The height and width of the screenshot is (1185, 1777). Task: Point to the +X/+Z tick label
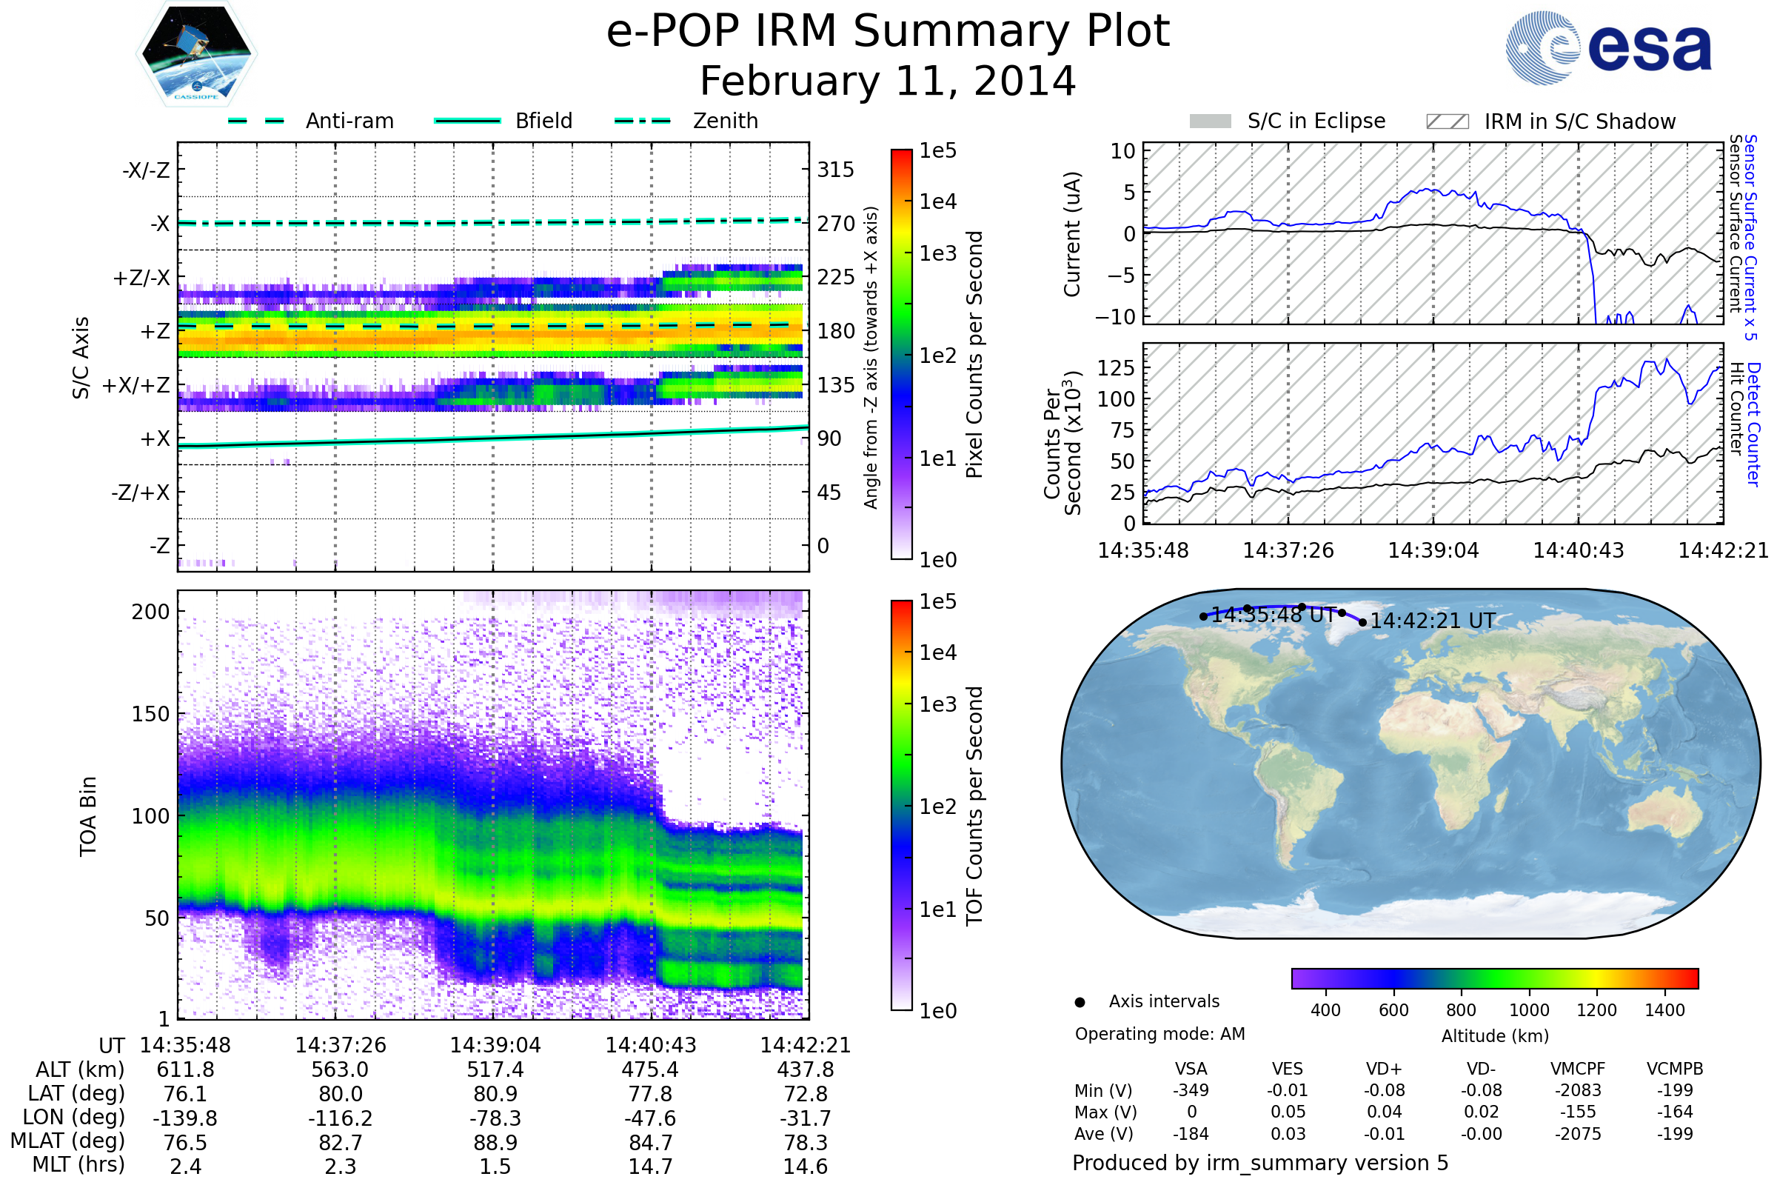click(136, 385)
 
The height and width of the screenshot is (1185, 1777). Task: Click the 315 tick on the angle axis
click(835, 170)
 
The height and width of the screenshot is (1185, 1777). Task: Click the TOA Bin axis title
click(88, 816)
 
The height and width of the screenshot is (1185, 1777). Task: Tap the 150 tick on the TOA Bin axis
click(150, 714)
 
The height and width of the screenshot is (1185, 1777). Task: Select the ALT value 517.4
click(495, 1070)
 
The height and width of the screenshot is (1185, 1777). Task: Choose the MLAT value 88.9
click(495, 1143)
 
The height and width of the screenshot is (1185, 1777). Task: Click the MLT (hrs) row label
click(78, 1164)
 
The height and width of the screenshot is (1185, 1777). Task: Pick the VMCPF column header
click(1578, 1069)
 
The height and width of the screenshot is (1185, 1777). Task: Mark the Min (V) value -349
click(1191, 1090)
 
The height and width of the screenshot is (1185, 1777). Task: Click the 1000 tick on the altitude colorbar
click(1528, 1010)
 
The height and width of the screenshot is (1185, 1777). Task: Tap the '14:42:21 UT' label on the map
click(1433, 621)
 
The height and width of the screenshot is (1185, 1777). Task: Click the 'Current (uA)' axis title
click(1072, 234)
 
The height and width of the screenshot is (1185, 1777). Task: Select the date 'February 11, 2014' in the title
click(888, 81)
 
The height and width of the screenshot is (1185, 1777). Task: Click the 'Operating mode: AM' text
click(1159, 1034)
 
